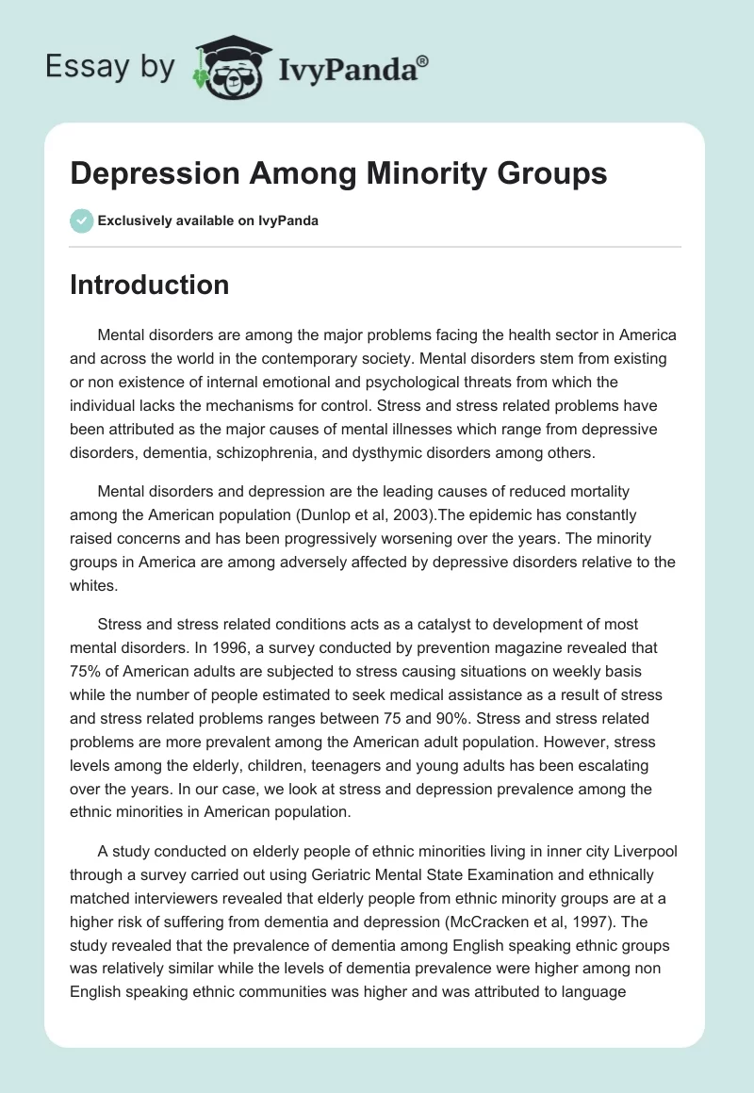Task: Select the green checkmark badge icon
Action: tap(82, 220)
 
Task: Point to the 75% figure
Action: tap(88, 670)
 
